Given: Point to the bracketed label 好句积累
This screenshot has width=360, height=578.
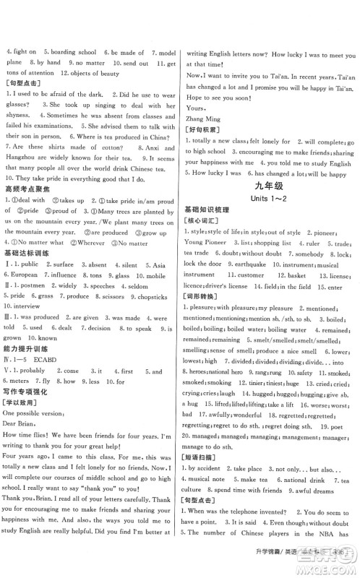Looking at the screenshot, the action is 203,127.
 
